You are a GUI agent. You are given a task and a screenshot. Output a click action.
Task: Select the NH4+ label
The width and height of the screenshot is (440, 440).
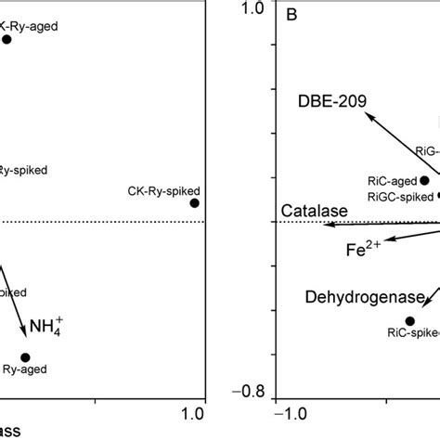click(x=52, y=327)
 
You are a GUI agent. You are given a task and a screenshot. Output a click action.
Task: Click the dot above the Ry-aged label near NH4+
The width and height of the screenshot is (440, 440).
click(x=25, y=357)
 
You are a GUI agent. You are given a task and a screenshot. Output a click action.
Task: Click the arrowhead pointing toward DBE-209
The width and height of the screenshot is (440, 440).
click(x=368, y=115)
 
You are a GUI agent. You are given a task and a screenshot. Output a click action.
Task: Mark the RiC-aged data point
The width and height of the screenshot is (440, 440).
click(x=424, y=180)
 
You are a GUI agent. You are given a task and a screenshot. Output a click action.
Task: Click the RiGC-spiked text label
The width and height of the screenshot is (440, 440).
click(x=400, y=196)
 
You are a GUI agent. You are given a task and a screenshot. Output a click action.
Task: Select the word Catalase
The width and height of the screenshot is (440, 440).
click(x=315, y=212)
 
